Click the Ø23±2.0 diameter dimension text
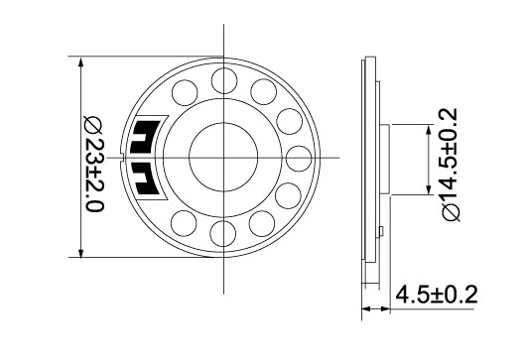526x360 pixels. point(94,165)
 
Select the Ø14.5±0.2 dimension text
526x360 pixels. point(450,165)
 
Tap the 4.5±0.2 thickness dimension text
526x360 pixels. point(436,295)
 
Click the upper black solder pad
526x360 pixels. point(145,137)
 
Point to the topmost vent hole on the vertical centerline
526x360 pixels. point(224,80)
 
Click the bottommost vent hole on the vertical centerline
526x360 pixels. point(222,233)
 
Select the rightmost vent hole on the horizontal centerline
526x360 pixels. point(299,159)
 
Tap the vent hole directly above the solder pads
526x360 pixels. point(185,93)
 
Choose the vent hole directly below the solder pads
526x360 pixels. point(184,223)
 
